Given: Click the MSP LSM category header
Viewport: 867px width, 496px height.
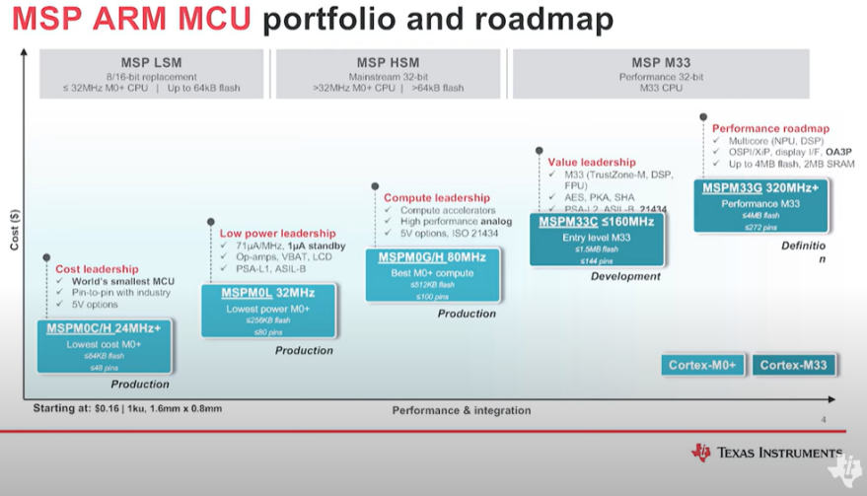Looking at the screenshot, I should (151, 74).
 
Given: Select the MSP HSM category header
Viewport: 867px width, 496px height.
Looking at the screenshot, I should (392, 74).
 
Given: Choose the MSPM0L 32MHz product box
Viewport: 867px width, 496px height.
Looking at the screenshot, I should (268, 311).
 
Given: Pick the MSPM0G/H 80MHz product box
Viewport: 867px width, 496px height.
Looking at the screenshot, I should (432, 276).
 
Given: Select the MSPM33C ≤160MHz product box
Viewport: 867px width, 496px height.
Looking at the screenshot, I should (596, 240).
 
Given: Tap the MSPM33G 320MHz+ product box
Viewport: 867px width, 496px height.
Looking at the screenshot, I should (760, 205).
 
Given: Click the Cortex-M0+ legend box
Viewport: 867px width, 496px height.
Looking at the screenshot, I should (702, 366).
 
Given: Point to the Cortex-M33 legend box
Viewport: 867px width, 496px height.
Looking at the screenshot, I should (793, 366).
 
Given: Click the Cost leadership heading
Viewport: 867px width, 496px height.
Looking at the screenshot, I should (96, 268).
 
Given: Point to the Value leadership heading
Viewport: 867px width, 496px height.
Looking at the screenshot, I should (591, 162).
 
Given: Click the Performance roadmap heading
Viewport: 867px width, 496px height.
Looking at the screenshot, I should (770, 128).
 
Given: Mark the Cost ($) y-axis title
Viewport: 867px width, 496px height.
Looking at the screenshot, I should (14, 229).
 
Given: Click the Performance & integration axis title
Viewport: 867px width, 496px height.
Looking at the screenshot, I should (461, 410).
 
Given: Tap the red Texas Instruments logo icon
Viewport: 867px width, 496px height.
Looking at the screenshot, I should (701, 453).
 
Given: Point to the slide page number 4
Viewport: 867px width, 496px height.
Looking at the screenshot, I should (823, 420).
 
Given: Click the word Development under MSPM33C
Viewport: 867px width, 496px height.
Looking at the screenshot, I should (625, 277).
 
